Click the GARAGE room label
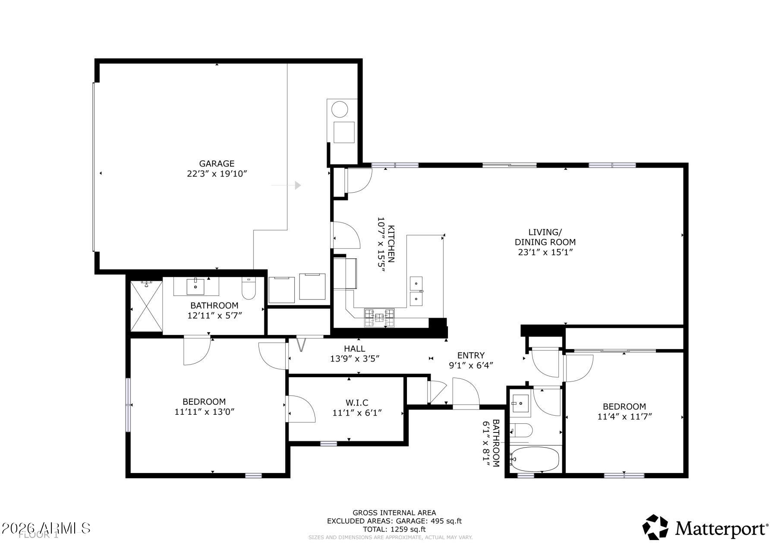click(x=217, y=164)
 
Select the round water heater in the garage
click(x=340, y=109)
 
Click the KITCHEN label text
click(x=391, y=244)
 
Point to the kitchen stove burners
click(x=379, y=318)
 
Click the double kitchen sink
click(x=416, y=291)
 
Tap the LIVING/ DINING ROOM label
click(x=545, y=237)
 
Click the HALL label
click(x=354, y=349)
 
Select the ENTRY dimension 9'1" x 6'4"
click(x=471, y=365)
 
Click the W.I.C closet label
click(x=356, y=403)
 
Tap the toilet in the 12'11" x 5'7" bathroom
click(x=249, y=289)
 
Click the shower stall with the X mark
click(x=147, y=306)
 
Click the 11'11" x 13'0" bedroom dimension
click(x=204, y=412)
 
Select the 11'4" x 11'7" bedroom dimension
click(x=624, y=417)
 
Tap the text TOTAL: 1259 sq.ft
click(x=394, y=529)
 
